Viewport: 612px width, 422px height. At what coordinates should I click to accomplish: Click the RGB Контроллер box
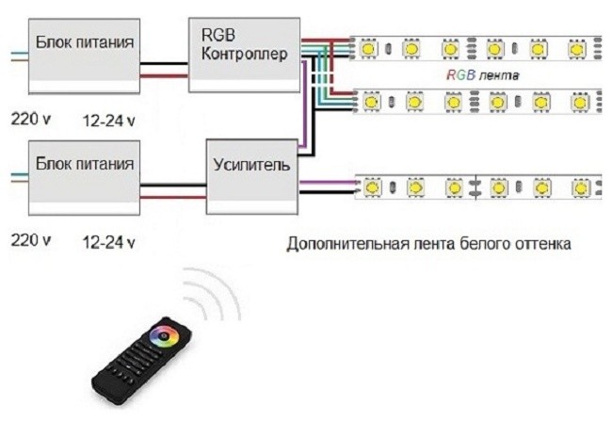[x=245, y=53]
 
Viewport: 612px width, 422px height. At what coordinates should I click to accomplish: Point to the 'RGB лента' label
[x=483, y=73]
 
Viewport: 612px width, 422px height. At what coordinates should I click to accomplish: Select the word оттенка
[x=540, y=244]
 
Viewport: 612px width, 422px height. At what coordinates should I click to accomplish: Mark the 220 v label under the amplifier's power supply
[x=30, y=241]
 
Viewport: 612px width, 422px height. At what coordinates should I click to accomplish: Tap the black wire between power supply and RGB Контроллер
[x=166, y=63]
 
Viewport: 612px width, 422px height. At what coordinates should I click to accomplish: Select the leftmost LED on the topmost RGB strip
[x=370, y=47]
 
